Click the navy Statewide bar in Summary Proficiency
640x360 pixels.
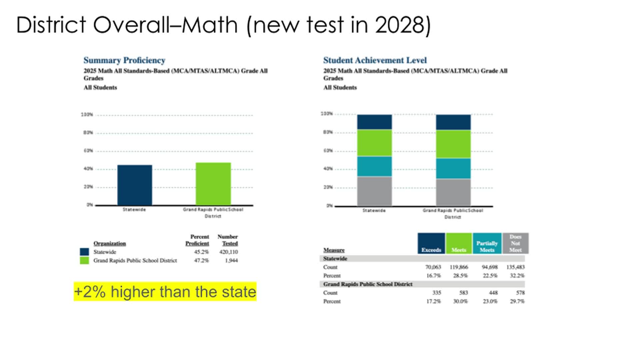135,185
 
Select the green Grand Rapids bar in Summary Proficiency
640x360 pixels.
213,184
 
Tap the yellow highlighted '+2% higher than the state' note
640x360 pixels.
165,292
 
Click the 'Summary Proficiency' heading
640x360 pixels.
124,60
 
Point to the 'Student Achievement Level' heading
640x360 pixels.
375,60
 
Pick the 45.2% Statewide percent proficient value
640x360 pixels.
201,252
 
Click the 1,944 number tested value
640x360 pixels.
231,260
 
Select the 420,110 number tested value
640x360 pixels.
229,252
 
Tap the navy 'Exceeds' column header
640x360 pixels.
431,244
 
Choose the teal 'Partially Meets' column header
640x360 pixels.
487,244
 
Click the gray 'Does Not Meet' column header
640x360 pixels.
515,244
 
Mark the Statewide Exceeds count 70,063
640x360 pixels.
433,267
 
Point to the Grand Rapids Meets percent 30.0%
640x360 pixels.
460,301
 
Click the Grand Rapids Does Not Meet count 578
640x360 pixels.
520,293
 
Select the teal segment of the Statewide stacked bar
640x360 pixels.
374,166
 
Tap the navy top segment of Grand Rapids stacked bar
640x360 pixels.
453,122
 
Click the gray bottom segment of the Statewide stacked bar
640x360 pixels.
374,191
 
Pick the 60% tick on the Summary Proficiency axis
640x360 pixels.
88,151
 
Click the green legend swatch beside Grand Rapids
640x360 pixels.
85,260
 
